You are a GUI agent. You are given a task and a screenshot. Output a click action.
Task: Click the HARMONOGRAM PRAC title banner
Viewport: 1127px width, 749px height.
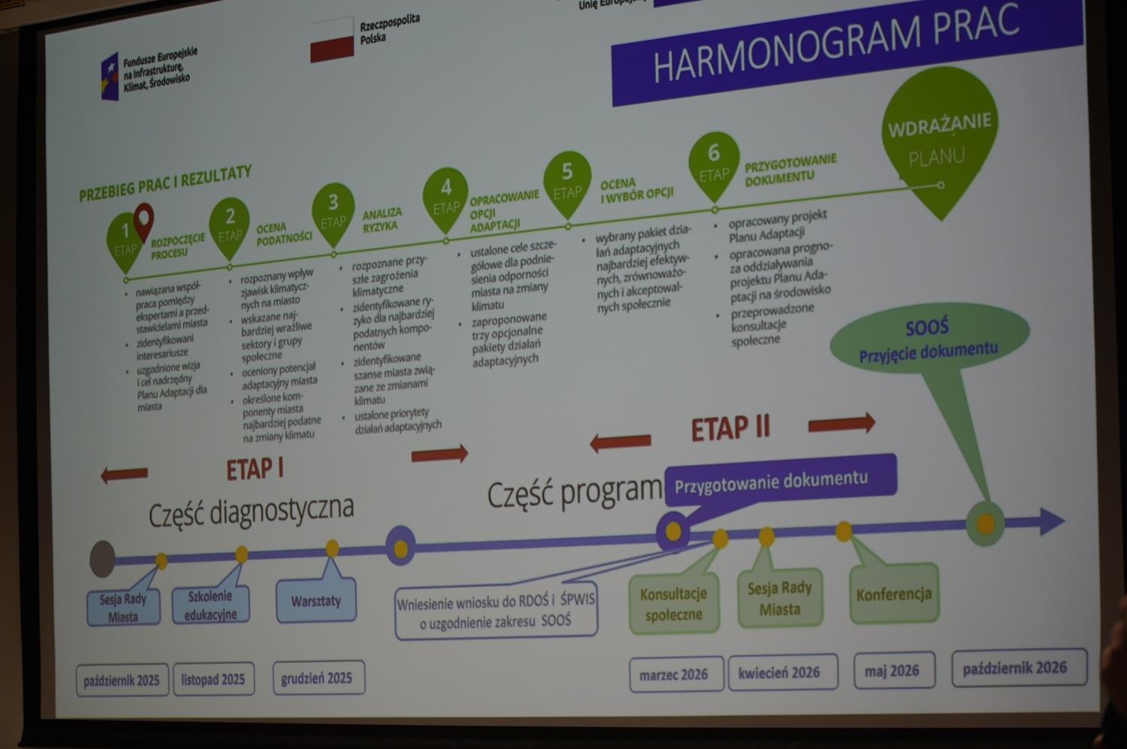tap(841, 53)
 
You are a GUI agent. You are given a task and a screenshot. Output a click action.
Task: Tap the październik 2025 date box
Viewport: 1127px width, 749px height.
tap(122, 680)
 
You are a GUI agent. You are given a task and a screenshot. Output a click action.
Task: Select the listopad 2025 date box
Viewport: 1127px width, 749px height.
tap(213, 679)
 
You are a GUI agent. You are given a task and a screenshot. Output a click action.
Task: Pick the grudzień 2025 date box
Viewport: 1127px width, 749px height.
tap(317, 678)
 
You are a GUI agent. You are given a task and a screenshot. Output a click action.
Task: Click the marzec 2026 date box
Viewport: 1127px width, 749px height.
tap(674, 674)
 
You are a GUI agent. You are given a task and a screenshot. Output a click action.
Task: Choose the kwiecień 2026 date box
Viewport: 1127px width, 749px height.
tap(779, 672)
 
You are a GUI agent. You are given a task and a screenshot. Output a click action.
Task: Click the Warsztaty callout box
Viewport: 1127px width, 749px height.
tap(316, 600)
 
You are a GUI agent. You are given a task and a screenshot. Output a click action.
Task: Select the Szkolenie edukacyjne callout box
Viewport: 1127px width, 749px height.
tap(211, 605)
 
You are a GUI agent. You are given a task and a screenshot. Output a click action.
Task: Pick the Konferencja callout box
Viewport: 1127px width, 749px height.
tap(894, 593)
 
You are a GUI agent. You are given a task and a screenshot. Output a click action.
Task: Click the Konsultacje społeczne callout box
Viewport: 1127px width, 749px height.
tap(673, 604)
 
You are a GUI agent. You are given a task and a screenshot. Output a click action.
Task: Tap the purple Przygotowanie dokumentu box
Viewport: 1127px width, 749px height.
tap(774, 481)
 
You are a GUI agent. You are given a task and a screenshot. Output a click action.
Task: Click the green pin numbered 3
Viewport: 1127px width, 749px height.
tap(333, 210)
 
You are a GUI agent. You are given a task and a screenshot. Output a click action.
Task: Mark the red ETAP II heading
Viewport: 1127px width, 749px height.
tap(730, 428)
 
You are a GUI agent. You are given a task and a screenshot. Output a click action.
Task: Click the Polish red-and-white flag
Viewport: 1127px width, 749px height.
tap(332, 41)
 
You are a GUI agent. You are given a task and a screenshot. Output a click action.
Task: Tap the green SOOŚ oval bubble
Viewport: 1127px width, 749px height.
tap(929, 338)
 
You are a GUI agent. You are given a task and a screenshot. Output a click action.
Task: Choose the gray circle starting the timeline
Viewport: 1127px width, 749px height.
tap(102, 559)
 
